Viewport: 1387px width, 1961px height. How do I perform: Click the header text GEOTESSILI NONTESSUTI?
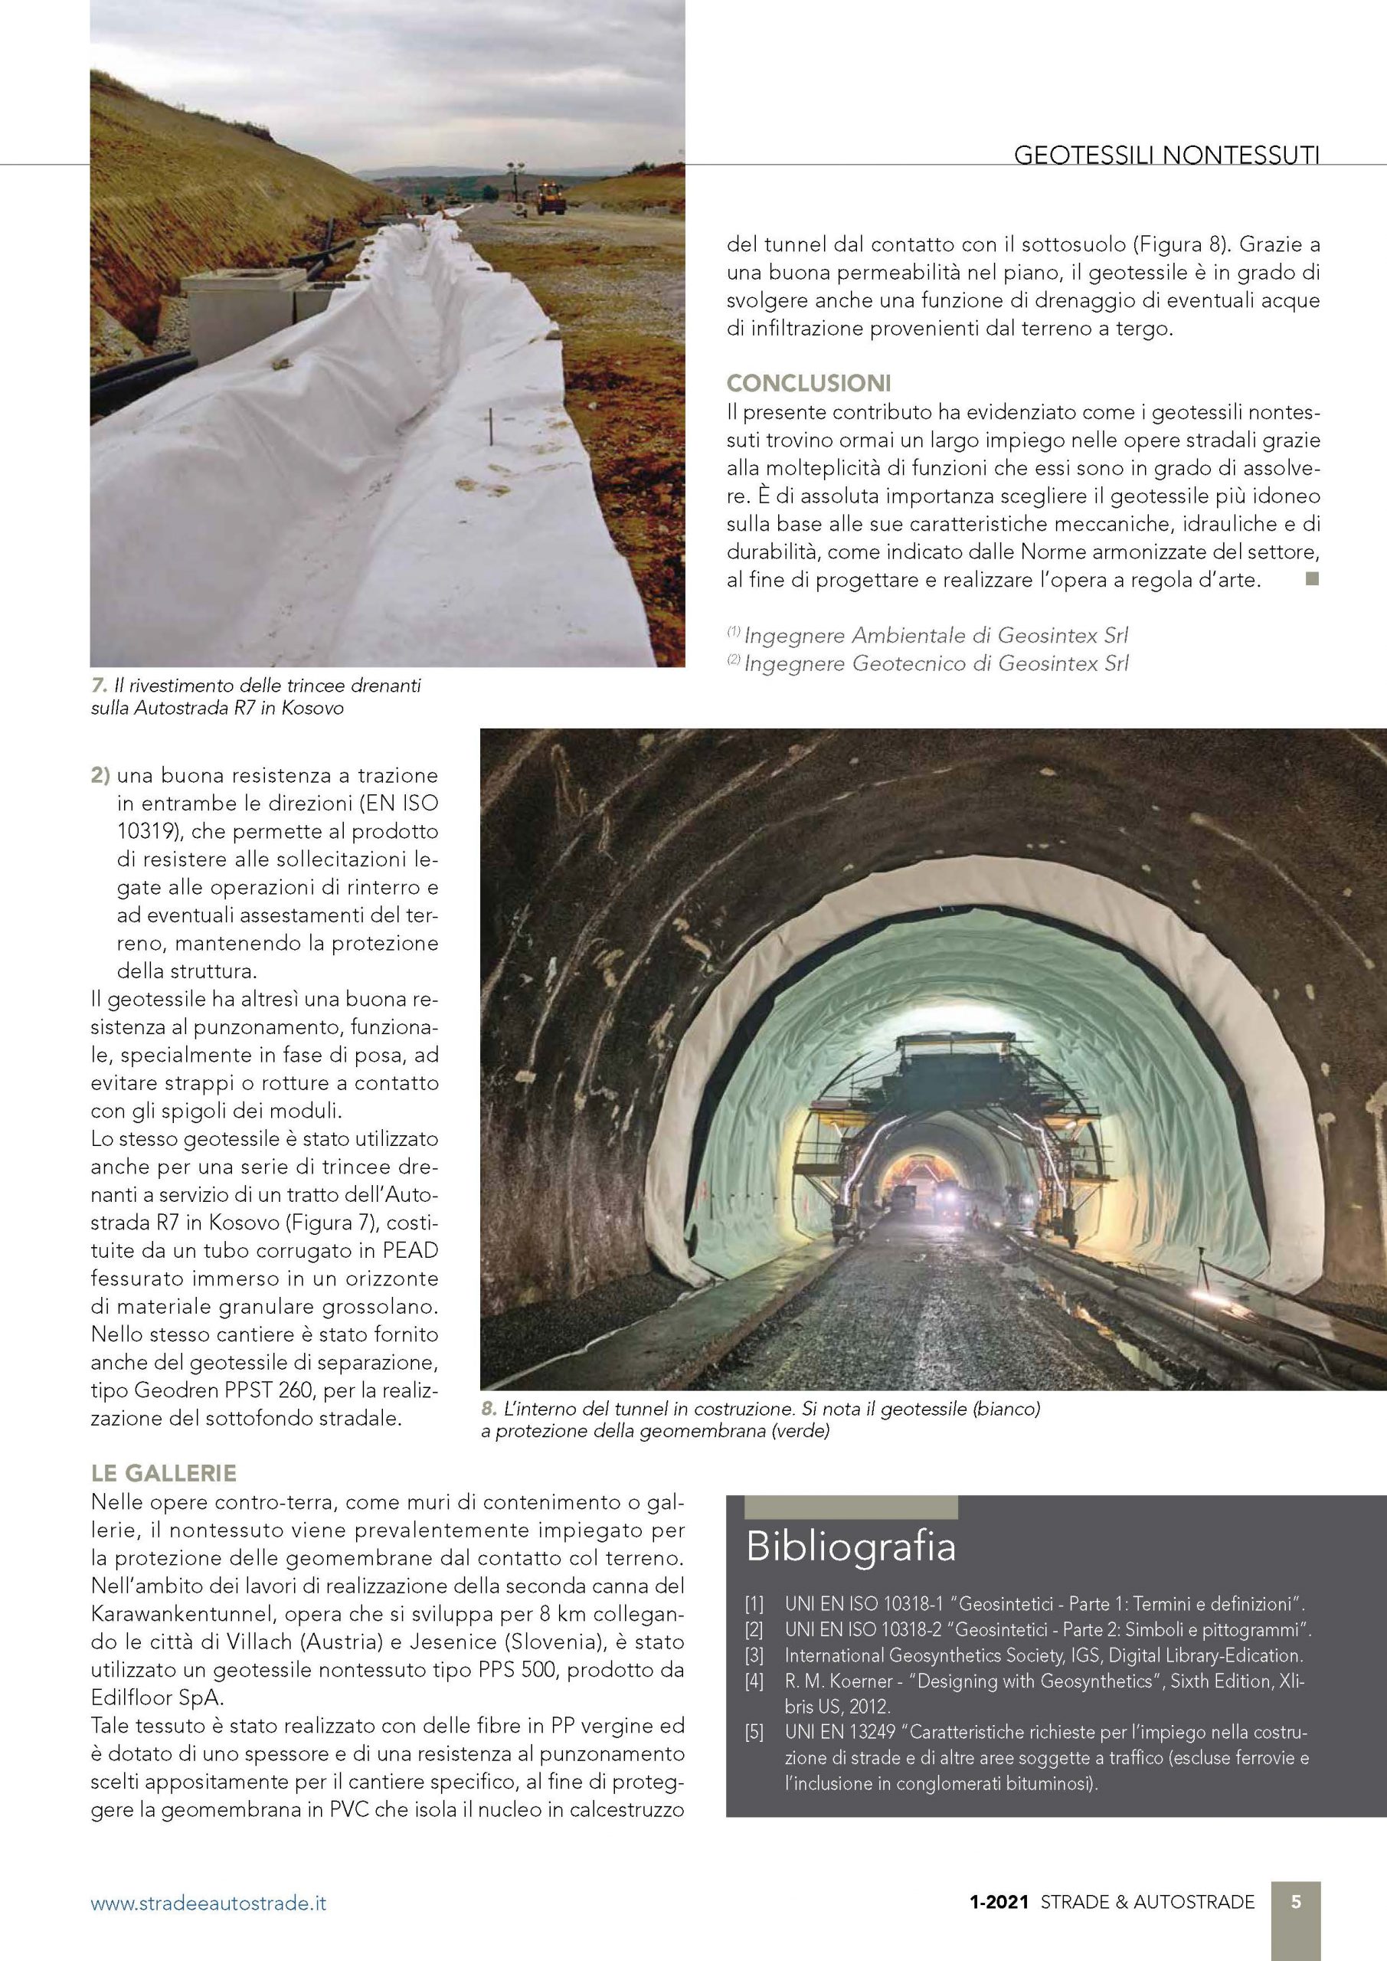pos(1166,179)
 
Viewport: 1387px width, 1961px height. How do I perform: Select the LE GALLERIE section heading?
pos(163,1473)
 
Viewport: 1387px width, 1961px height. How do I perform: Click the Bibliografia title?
pos(850,1547)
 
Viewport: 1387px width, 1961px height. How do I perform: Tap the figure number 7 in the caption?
pos(97,686)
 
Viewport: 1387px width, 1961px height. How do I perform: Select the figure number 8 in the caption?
pos(489,1409)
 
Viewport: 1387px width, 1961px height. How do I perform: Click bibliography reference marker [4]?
pos(754,1681)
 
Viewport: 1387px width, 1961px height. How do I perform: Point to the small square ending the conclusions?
pos(1312,579)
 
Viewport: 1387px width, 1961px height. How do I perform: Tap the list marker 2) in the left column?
pos(101,775)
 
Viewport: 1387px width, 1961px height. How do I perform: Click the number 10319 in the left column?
pos(146,830)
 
